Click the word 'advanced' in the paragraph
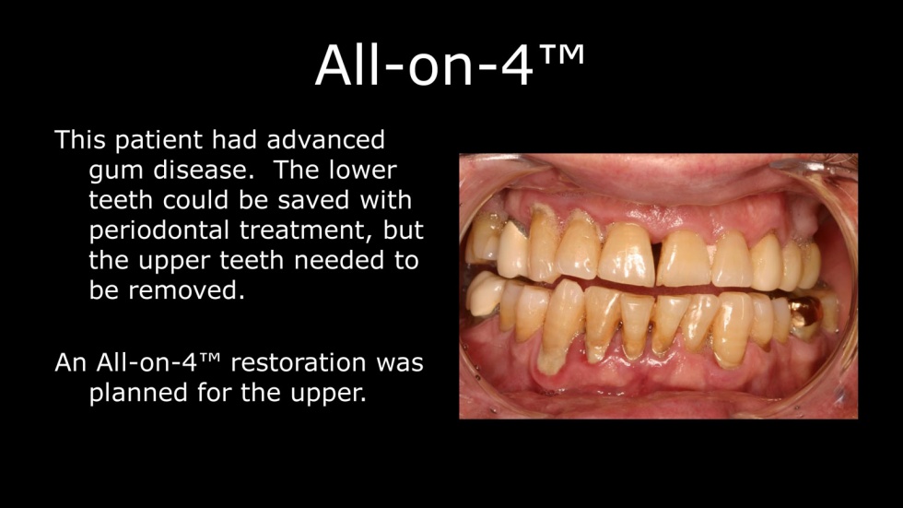(x=325, y=140)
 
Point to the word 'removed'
(x=183, y=290)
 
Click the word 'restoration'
(x=299, y=363)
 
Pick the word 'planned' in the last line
(x=139, y=395)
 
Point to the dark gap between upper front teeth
(x=656, y=257)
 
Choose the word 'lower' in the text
(x=363, y=171)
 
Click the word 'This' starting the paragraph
(x=80, y=140)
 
